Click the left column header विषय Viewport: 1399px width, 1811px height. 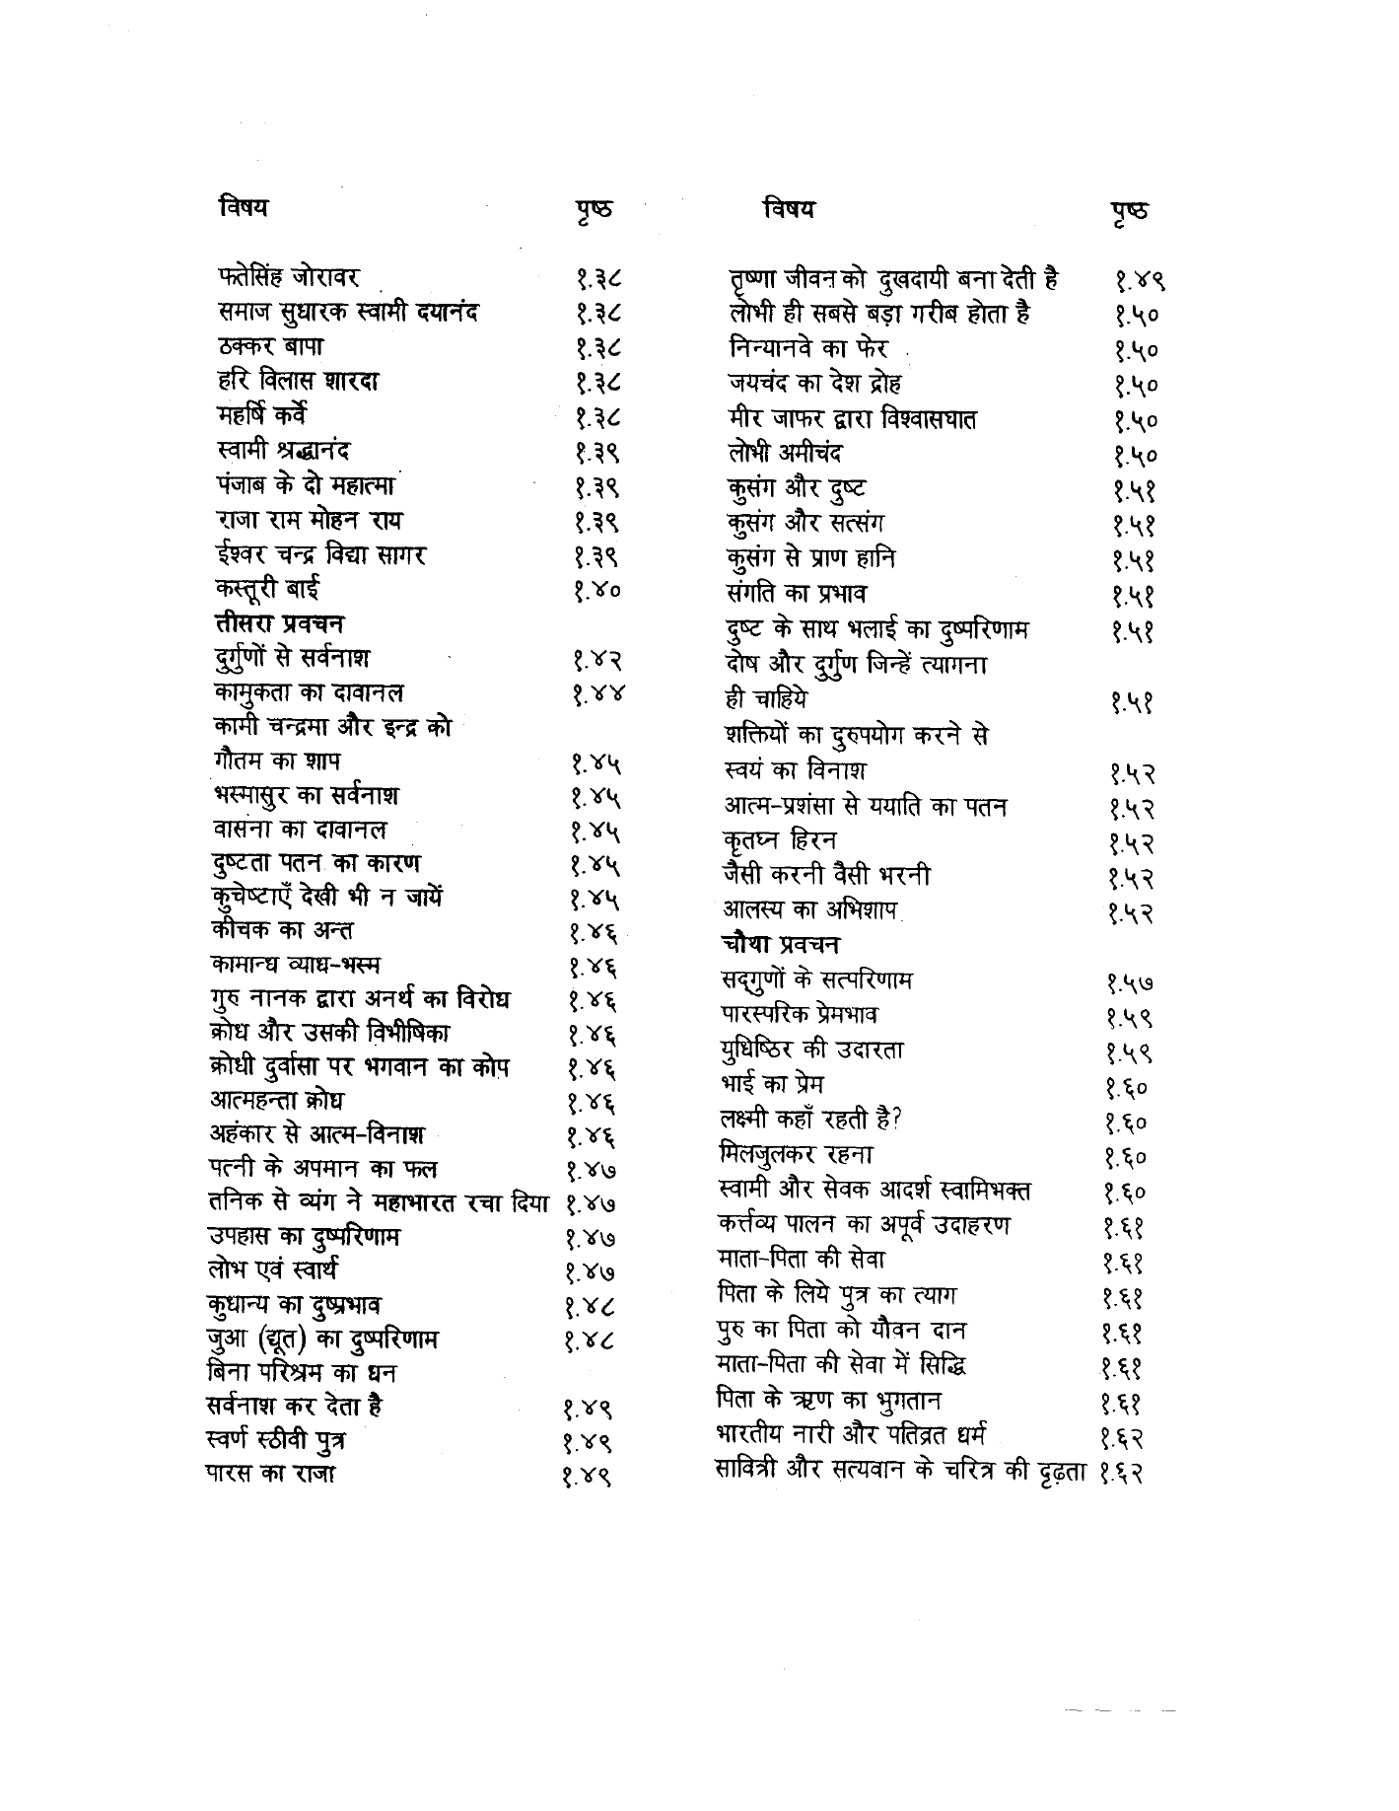243,207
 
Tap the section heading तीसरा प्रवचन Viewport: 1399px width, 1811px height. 279,623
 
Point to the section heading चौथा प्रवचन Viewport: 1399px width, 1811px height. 780,944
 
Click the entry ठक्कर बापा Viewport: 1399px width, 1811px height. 270,347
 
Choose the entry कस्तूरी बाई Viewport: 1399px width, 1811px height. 267,590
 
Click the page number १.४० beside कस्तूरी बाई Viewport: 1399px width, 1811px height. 597,593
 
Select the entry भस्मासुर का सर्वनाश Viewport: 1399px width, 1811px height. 306,795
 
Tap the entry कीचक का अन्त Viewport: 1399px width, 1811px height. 282,930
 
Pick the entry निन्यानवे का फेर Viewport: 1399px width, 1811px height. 804,349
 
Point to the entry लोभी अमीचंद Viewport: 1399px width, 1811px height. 781,455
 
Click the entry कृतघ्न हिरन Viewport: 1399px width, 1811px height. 779,841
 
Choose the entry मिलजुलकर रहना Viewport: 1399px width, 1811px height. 796,1154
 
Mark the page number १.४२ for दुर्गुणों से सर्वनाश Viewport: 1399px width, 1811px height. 597,661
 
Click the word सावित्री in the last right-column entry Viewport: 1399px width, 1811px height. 750,1471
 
